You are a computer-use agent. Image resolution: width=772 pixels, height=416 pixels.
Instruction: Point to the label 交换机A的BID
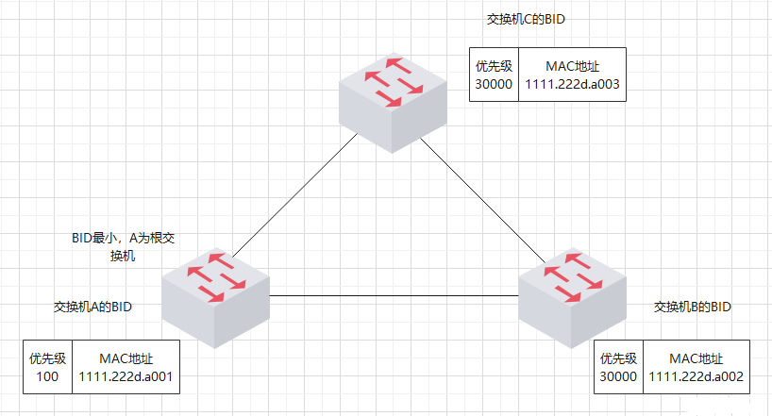coord(93,308)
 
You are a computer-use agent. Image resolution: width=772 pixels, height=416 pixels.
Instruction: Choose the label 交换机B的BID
coord(693,308)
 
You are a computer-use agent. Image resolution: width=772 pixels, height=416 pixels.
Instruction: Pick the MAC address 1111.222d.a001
coord(126,376)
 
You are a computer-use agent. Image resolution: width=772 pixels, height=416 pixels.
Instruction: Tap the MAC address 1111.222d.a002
coord(696,376)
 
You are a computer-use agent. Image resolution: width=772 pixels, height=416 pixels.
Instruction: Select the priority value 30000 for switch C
coord(495,84)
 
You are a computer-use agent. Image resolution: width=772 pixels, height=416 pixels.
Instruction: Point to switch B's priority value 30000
coord(618,376)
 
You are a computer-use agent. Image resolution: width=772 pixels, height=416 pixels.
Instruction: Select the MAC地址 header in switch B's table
coord(696,358)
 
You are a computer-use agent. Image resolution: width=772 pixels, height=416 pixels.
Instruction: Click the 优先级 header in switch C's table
coord(495,66)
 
